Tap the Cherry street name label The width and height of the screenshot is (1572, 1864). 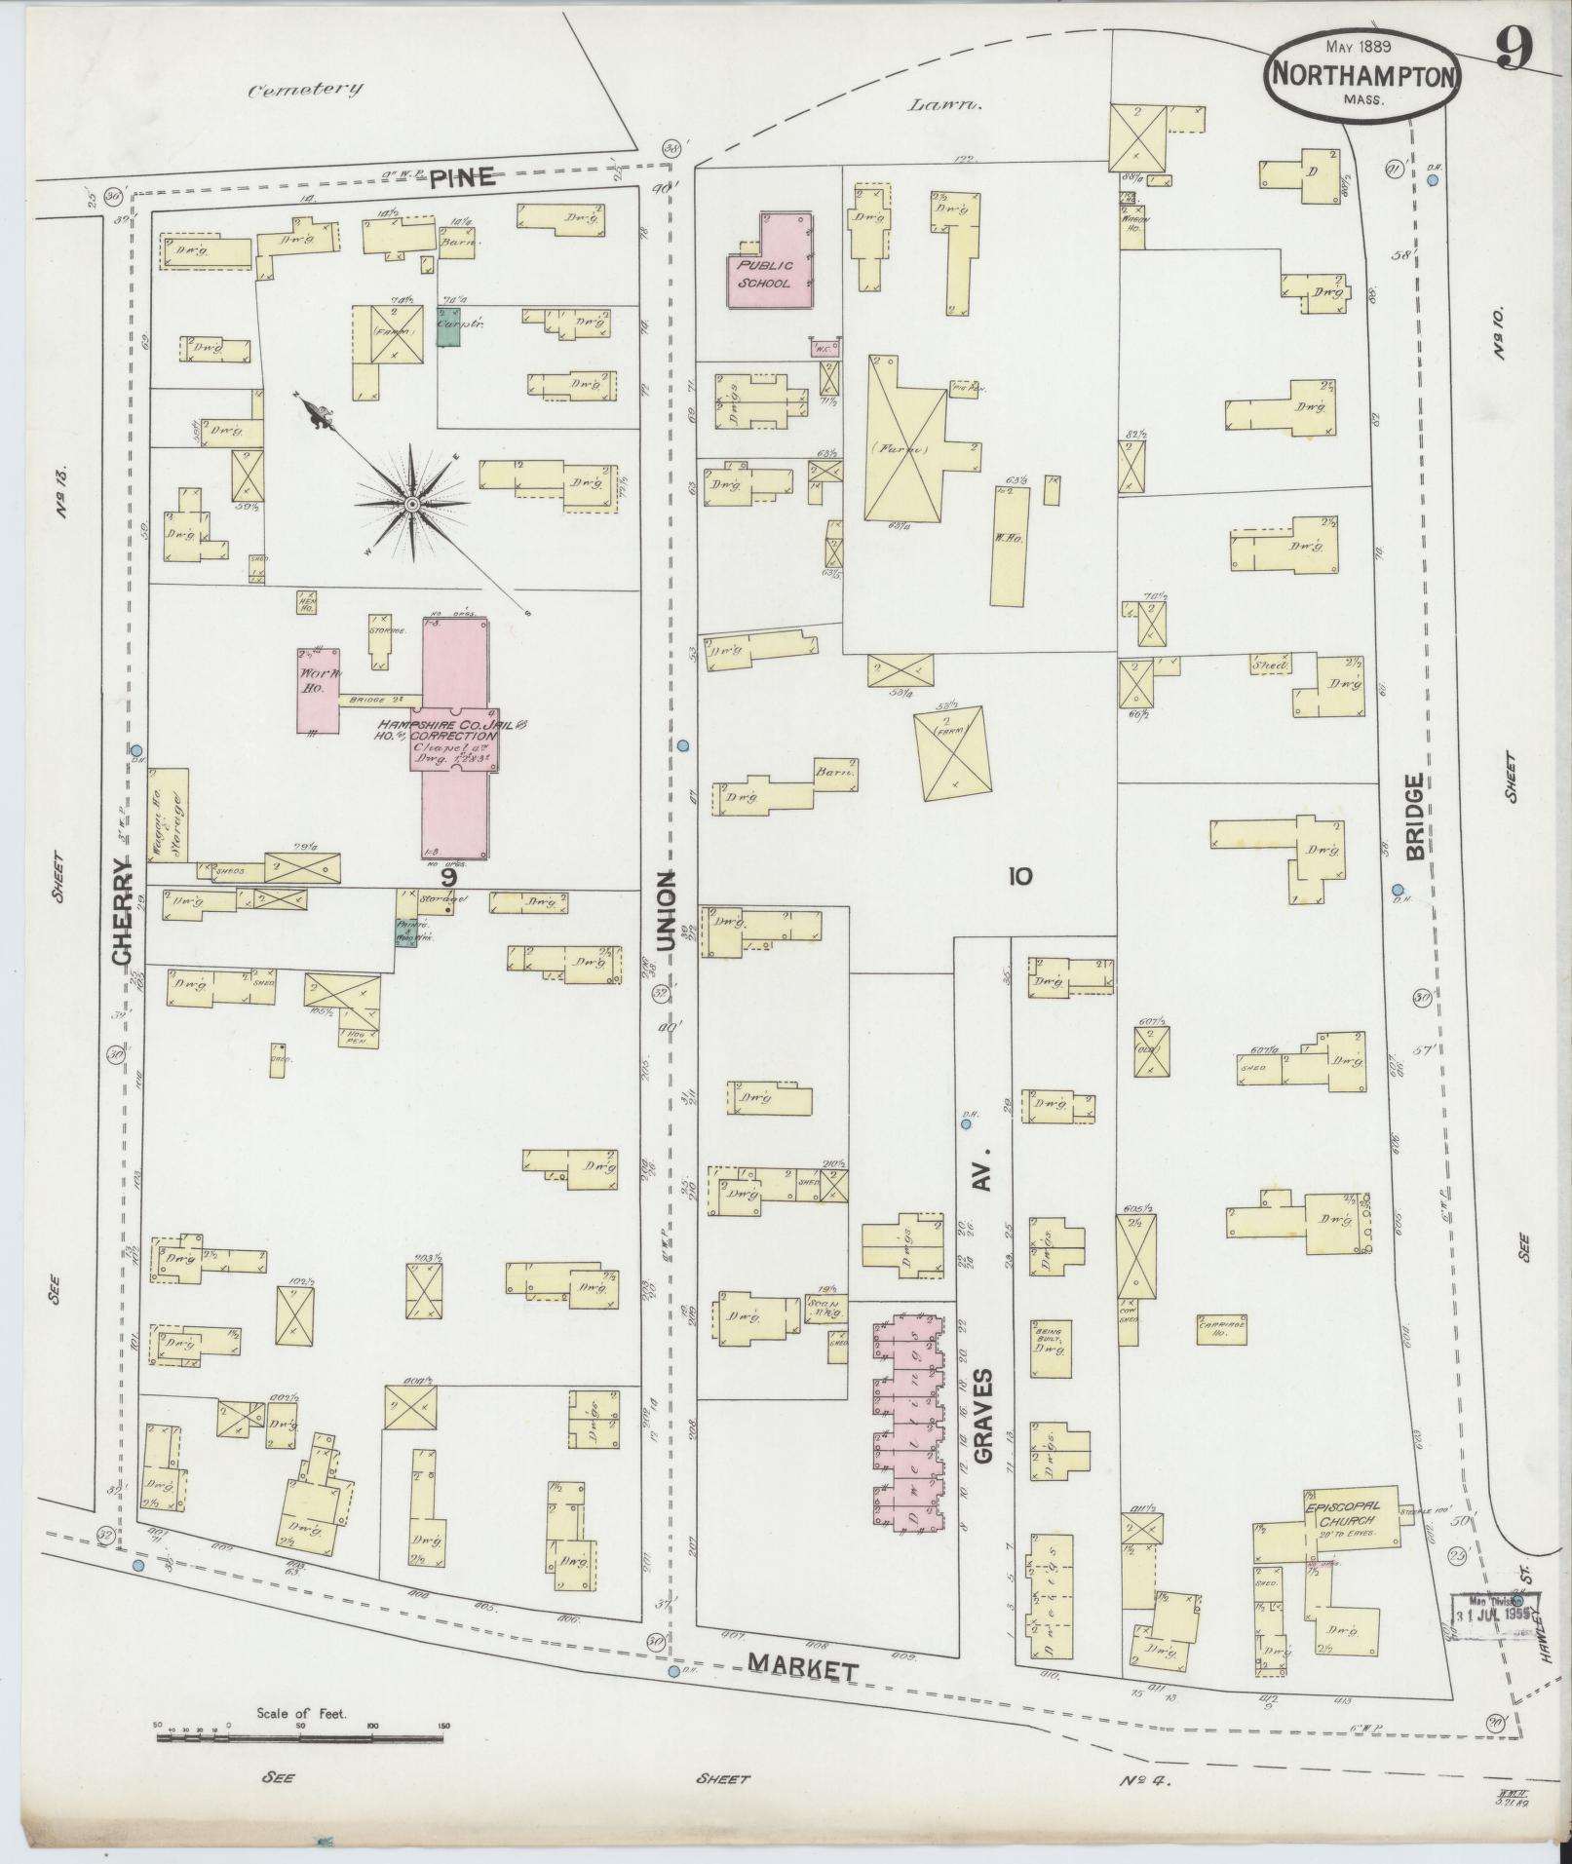tap(122, 911)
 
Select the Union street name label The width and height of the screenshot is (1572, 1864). tap(667, 910)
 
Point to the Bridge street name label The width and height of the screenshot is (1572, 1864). tap(1415, 816)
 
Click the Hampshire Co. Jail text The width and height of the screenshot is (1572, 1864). tap(453, 726)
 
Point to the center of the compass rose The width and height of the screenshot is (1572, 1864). tap(411, 504)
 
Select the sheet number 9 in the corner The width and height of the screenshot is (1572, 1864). tap(1513, 47)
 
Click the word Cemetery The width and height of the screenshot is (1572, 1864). tap(305, 90)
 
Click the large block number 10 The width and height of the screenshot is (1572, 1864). tap(1019, 876)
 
